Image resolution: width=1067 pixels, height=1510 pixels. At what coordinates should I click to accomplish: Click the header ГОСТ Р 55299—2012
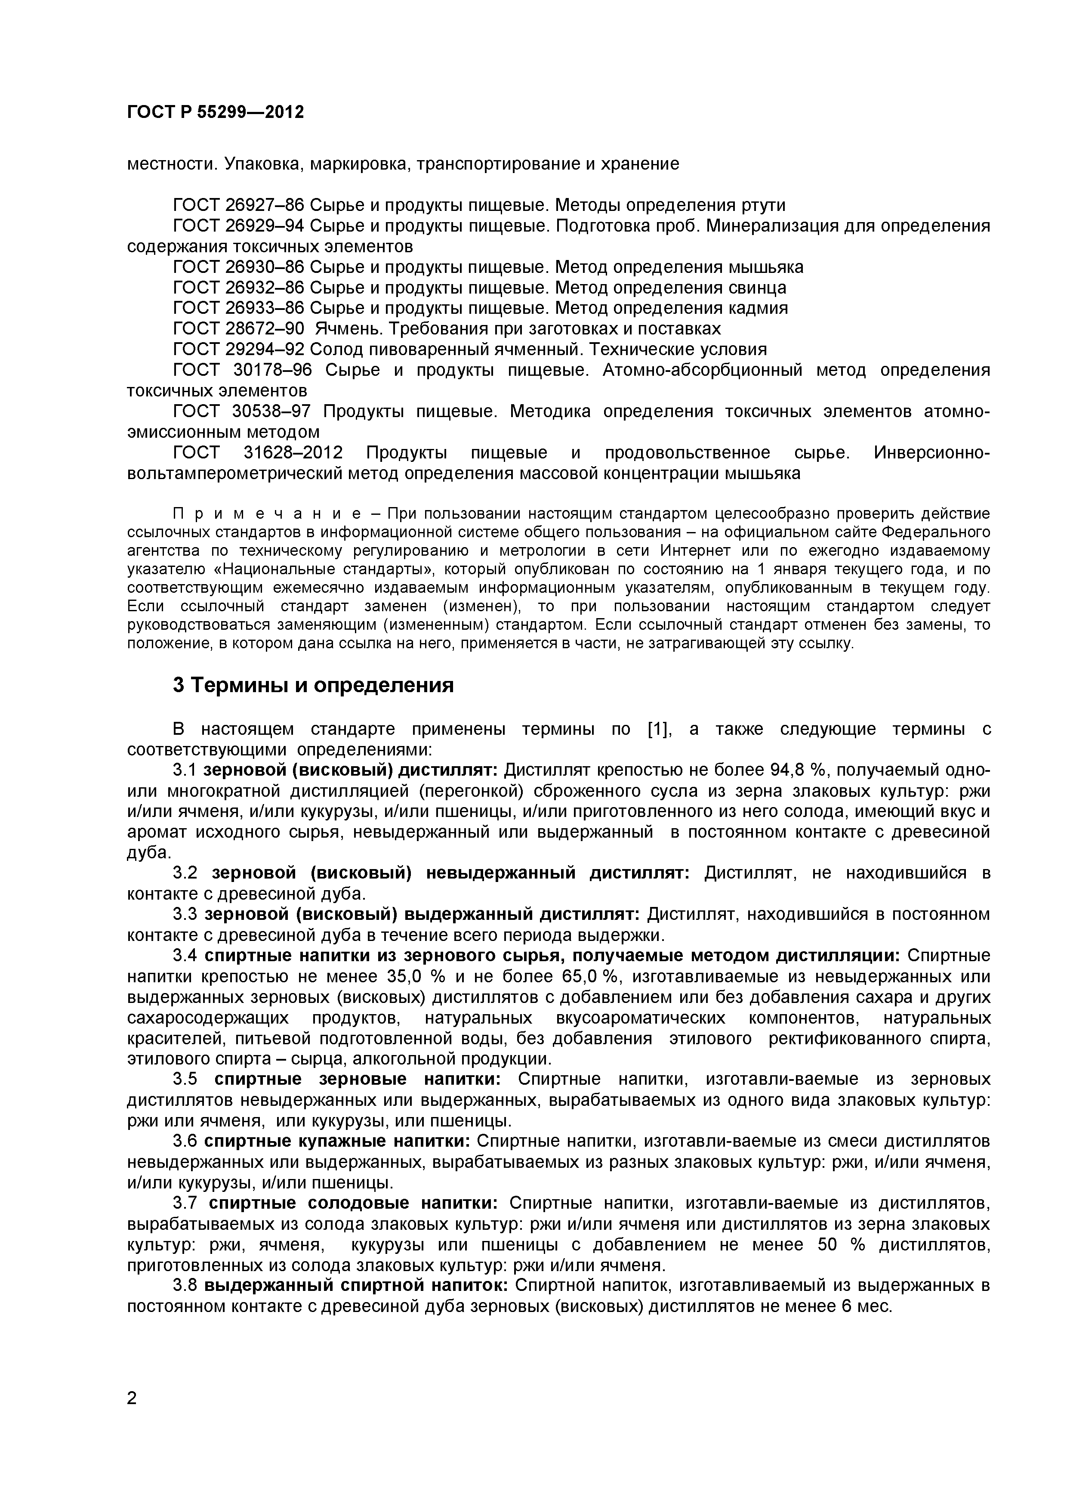(215, 112)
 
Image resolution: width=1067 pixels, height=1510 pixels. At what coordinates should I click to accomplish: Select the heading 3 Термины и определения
(313, 685)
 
